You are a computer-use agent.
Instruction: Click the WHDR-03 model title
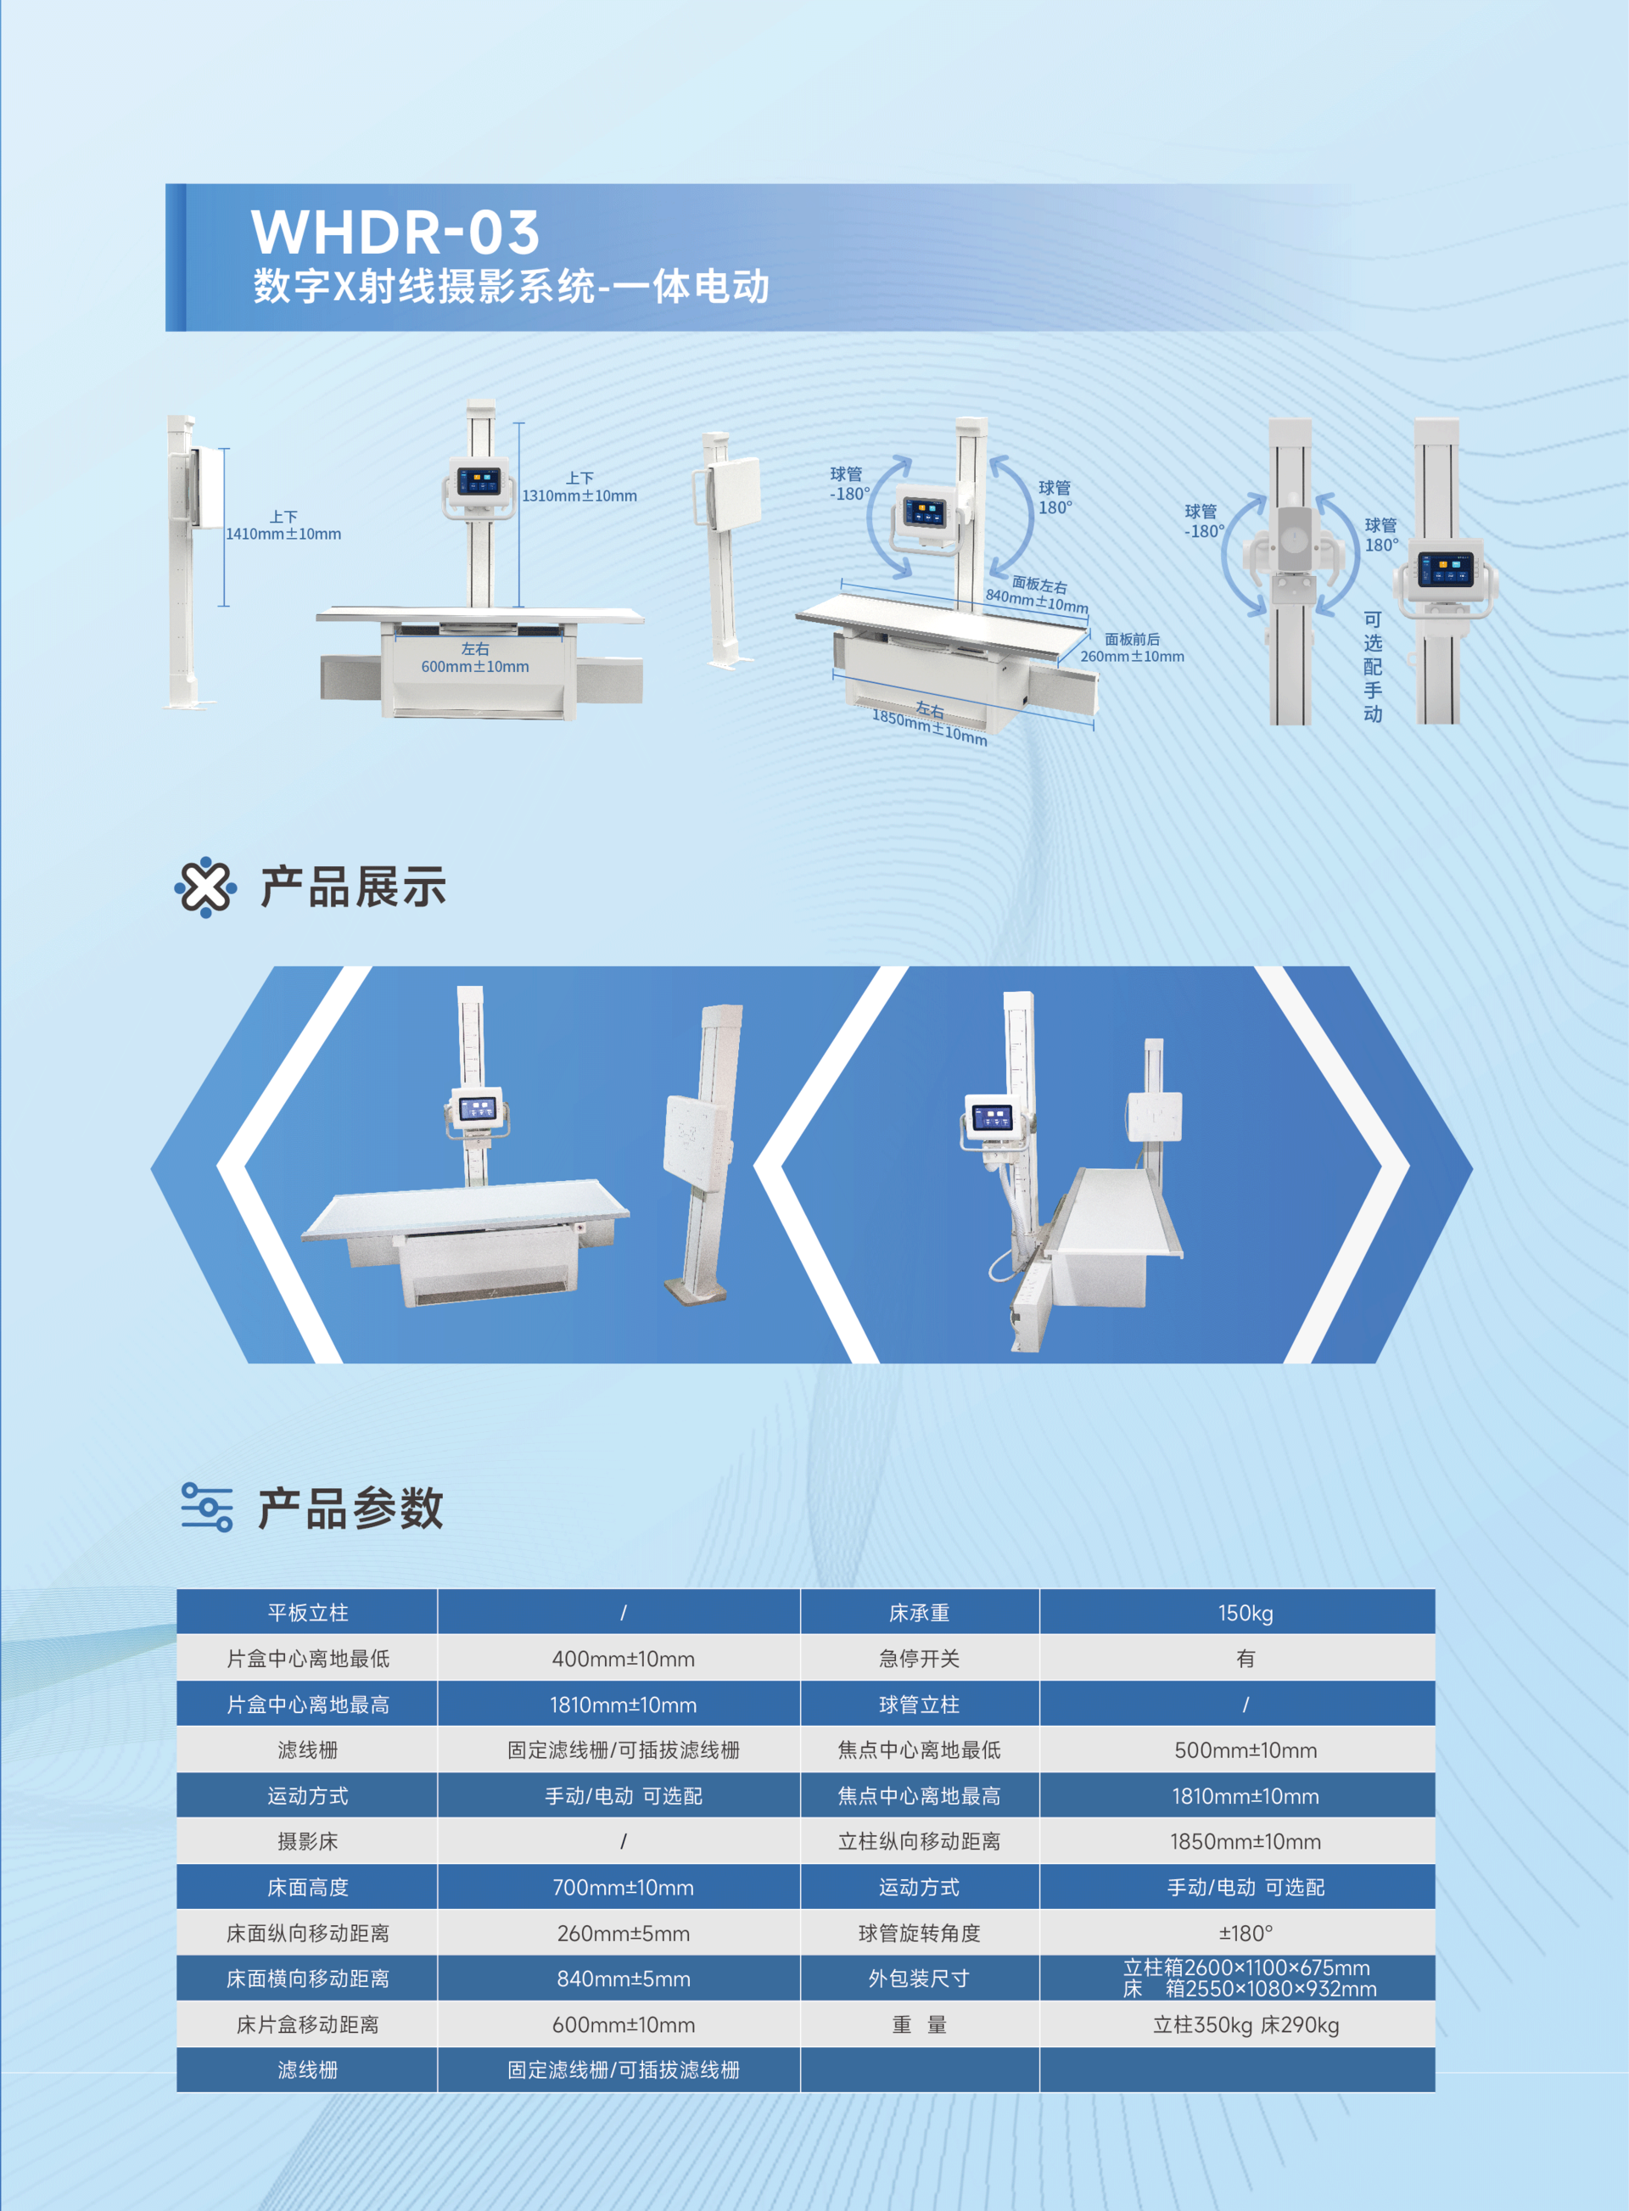tap(395, 232)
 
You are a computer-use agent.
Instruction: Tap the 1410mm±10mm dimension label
tap(283, 535)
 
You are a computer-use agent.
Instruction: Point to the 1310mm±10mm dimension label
tap(579, 496)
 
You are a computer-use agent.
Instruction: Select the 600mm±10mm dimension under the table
tap(475, 667)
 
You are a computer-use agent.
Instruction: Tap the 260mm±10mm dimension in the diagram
tap(1132, 657)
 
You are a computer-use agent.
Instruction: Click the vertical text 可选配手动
tap(1373, 667)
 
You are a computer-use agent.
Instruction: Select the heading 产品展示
tap(353, 887)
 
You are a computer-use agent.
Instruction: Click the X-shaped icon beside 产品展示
tap(205, 887)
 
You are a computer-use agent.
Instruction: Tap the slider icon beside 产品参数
tap(207, 1507)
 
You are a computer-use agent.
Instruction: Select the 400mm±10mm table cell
tap(624, 1659)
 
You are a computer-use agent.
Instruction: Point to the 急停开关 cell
tap(919, 1659)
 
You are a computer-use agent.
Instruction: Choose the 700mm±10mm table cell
tap(624, 1888)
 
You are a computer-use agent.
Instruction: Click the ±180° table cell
tap(1246, 1933)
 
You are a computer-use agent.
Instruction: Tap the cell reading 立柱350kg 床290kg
tap(1246, 2024)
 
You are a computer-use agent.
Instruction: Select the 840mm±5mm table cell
tap(624, 1979)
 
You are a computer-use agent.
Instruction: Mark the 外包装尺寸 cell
tap(919, 1979)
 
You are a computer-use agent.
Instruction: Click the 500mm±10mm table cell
tap(1246, 1750)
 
